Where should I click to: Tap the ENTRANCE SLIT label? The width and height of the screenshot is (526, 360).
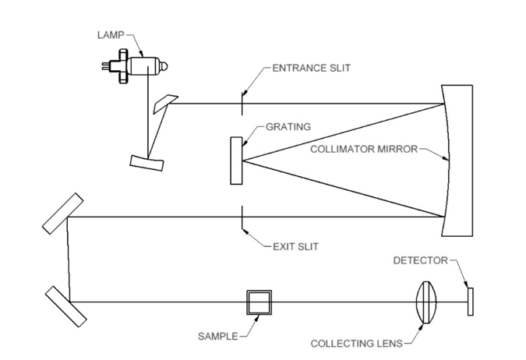311,68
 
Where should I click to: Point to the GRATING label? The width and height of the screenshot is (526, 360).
288,126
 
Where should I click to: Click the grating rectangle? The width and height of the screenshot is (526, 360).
237,160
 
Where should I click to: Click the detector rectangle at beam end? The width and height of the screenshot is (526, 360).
470,302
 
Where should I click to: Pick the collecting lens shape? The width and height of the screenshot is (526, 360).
425,302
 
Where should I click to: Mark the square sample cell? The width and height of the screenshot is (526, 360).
259,302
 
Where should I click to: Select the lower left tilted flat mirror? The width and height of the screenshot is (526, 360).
65,306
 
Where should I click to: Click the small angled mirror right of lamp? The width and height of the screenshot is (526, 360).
166,102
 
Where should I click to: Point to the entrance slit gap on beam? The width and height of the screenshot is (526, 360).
243,103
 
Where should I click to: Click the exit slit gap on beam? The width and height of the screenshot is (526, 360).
243,217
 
